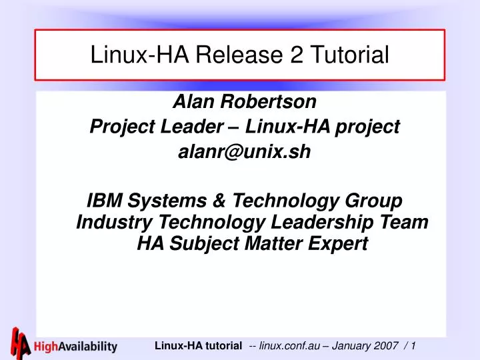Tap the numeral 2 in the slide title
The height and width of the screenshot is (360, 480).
tap(295, 55)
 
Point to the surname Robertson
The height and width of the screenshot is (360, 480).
tap(265, 102)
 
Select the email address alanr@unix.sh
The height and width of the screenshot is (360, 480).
tap(245, 152)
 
